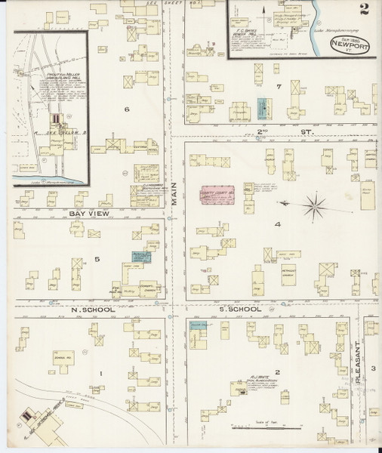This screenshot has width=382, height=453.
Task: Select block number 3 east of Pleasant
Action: (x=373, y=368)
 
